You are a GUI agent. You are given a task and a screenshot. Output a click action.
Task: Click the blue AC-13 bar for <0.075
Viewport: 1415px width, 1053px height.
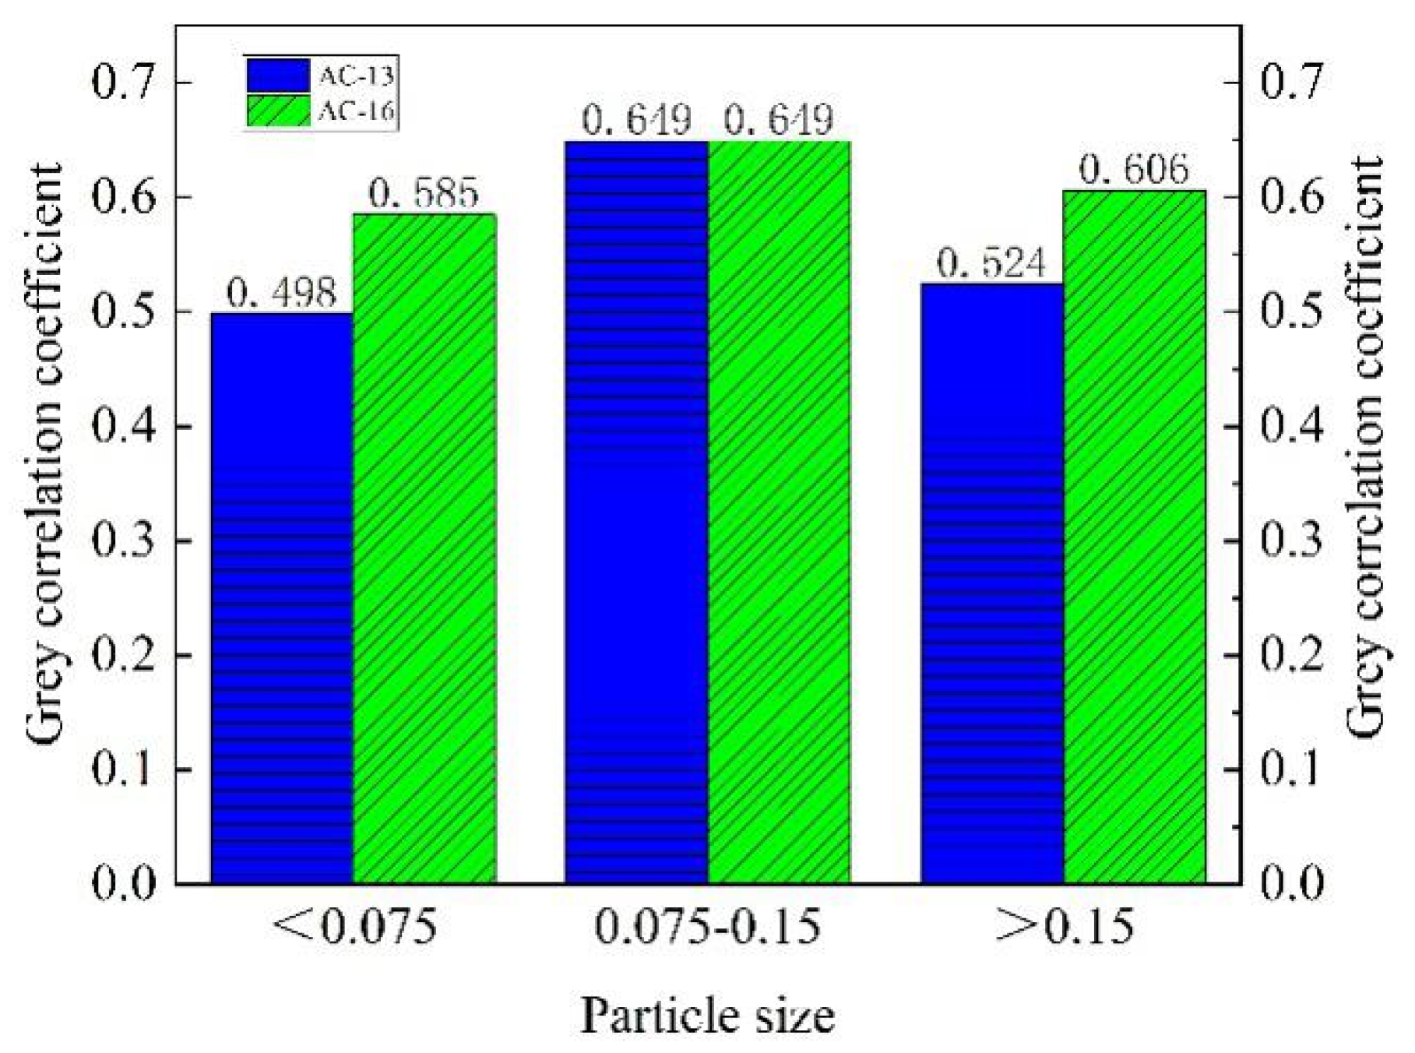click(282, 597)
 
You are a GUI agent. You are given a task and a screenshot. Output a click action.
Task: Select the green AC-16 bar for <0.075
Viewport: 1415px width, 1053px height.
click(424, 548)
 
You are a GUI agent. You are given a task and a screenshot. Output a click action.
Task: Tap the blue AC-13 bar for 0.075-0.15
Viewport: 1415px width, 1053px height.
click(636, 512)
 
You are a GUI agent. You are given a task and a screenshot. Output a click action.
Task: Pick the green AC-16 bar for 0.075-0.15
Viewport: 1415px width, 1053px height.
click(779, 512)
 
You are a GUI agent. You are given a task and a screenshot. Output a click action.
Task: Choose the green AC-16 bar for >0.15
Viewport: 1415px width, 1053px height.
click(1134, 537)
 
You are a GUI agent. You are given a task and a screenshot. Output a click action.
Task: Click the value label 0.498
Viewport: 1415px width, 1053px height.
click(282, 294)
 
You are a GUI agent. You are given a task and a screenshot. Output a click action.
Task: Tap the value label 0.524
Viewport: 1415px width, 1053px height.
click(991, 264)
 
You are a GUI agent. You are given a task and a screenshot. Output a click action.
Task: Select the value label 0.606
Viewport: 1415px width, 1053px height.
click(1134, 171)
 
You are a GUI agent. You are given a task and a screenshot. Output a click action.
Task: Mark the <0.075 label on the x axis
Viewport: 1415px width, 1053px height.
click(354, 927)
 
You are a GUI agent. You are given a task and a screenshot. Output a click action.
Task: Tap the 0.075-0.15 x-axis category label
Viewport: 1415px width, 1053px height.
click(707, 927)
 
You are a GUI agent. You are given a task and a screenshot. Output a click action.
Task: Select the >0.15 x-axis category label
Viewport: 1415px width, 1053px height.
click(1064, 927)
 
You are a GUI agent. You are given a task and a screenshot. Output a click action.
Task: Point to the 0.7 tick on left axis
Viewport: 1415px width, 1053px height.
click(124, 82)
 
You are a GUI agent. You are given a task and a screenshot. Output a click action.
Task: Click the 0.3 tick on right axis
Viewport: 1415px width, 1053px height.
click(1291, 541)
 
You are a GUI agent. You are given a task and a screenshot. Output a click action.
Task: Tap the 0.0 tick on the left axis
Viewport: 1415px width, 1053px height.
click(124, 884)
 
